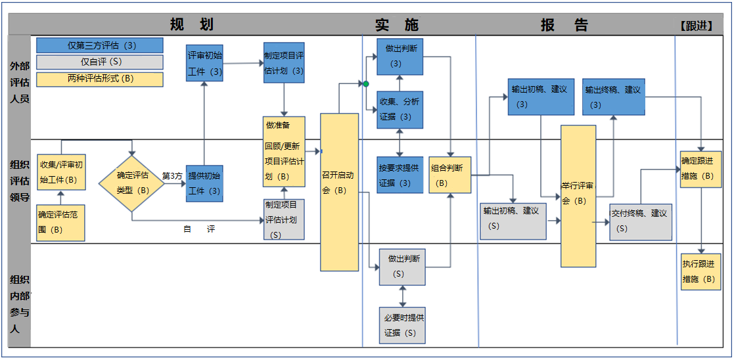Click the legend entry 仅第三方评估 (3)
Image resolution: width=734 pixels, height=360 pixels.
pos(100,45)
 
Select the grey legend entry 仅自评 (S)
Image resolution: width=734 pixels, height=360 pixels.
pos(100,62)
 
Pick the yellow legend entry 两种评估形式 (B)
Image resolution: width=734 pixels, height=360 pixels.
pos(100,79)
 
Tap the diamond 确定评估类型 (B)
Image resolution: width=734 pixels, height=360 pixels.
pos(131,183)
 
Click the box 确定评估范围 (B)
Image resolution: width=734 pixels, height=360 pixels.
pos(60,222)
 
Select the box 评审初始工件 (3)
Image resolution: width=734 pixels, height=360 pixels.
pos(204,63)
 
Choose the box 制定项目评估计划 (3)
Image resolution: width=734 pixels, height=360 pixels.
pos(284,63)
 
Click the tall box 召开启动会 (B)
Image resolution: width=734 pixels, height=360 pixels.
pos(339,192)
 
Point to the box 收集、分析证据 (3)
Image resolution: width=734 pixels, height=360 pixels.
pos(400,109)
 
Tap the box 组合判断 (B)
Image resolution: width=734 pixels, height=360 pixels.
pos(450,175)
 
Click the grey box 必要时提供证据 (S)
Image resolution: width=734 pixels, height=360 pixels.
pos(402,325)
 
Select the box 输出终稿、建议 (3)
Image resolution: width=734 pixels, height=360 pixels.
pos(613,97)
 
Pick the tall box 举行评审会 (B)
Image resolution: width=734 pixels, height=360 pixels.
pos(578,196)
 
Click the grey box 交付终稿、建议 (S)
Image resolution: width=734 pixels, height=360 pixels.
pos(640,221)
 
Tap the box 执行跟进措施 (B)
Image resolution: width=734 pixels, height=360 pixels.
pos(700,271)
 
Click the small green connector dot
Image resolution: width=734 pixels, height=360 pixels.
pos(366,84)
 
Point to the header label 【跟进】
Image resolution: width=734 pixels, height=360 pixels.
pos(697,26)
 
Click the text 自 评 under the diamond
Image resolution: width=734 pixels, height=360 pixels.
pos(199,229)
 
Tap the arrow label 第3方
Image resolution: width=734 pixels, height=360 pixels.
pos(172,175)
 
